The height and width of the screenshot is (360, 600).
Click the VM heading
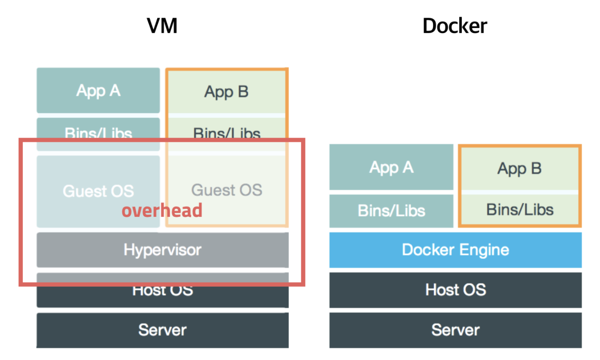[x=162, y=26]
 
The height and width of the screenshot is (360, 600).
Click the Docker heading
[x=455, y=26]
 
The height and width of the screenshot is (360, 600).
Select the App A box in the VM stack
[x=98, y=90]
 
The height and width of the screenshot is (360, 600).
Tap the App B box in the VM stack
[x=226, y=91]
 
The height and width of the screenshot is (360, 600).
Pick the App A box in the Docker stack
[x=391, y=167]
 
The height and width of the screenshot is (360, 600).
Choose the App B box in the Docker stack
[x=519, y=168]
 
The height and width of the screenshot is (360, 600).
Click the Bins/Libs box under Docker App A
[x=391, y=211]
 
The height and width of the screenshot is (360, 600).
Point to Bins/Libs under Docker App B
[x=520, y=209]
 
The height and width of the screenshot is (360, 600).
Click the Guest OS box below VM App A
[x=98, y=190]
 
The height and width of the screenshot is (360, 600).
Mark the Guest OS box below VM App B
[x=227, y=190]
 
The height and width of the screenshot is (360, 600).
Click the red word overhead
[x=162, y=211]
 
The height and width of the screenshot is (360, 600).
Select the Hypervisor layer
[x=162, y=249]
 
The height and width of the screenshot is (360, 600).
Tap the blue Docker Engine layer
[x=455, y=249]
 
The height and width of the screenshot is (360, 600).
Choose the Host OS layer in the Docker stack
[x=455, y=290]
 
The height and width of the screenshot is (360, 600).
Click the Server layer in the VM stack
[x=162, y=330]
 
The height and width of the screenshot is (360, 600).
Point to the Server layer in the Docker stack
[x=455, y=330]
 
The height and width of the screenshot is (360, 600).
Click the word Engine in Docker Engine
[x=483, y=250]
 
